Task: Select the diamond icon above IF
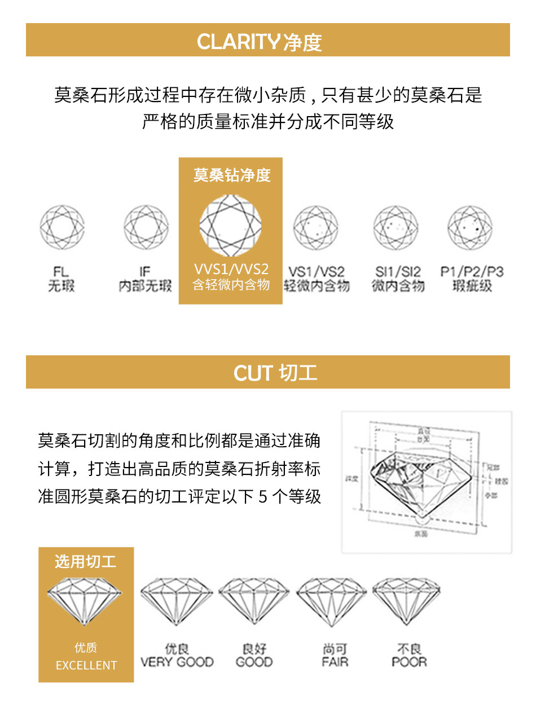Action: pos(146,228)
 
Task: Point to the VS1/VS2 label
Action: pos(316,272)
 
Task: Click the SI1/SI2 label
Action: pos(398,272)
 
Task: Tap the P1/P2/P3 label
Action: pos(472,272)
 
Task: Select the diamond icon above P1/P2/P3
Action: pos(470,228)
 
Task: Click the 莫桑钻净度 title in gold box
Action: pos(232,175)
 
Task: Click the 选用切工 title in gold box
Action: pos(86,562)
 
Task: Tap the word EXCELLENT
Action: pos(86,665)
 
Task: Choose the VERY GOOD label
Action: pos(177,662)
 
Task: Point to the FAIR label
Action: pos(335,662)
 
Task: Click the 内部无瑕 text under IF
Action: pos(146,287)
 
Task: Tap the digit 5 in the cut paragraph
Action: pos(262,497)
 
